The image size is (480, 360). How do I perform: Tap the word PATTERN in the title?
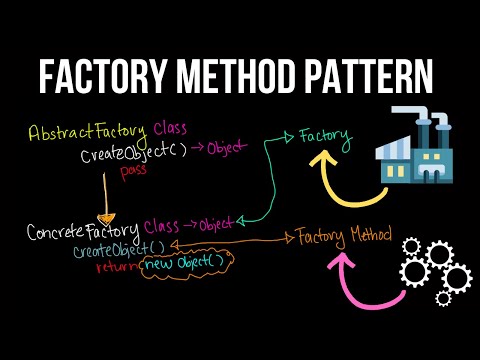click(x=369, y=76)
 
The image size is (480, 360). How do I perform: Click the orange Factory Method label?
click(x=337, y=237)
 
